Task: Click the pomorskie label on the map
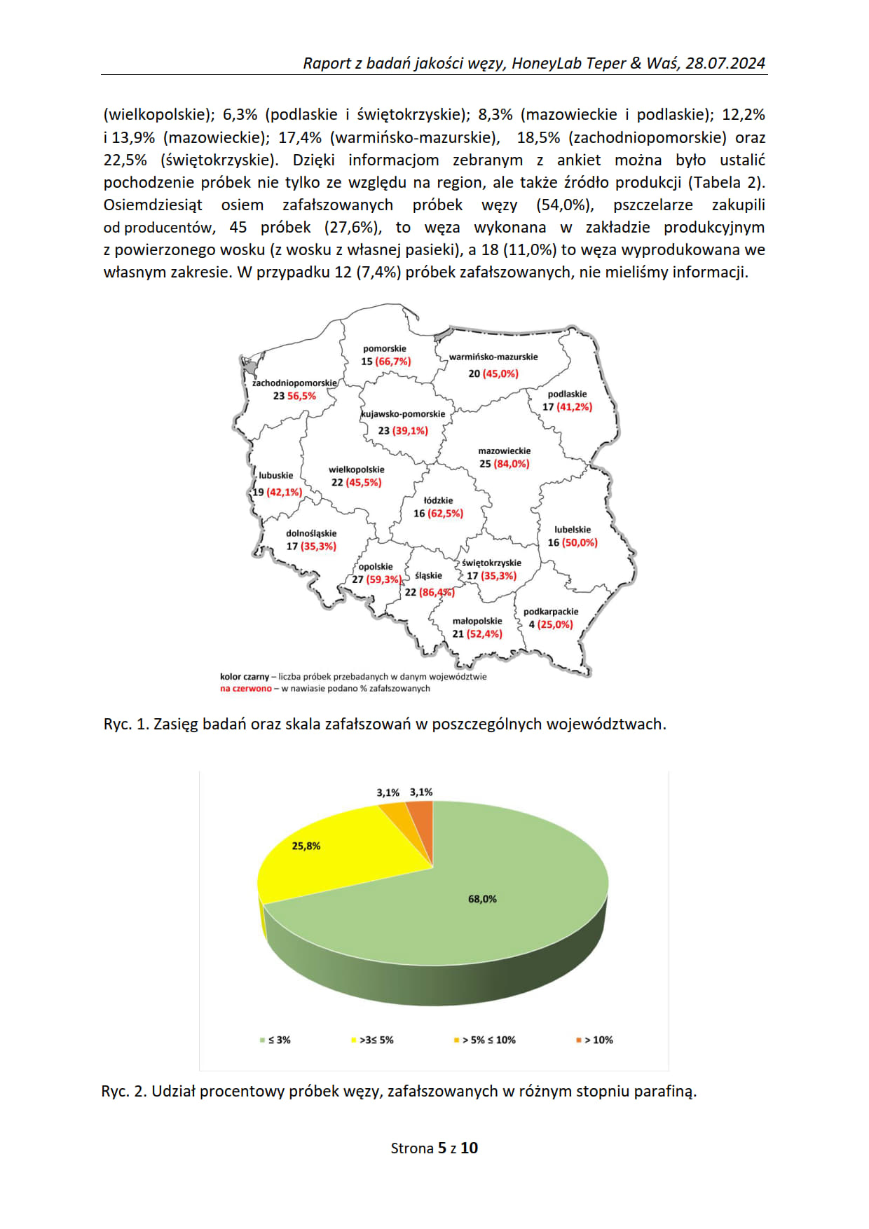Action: click(x=384, y=348)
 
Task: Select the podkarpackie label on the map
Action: click(x=551, y=611)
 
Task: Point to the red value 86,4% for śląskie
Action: click(x=437, y=592)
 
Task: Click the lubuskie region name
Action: click(x=276, y=475)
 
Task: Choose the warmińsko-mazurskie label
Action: click(x=493, y=357)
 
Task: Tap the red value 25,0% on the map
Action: click(x=555, y=624)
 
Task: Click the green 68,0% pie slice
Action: click(x=482, y=899)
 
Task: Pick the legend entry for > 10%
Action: click(x=595, y=1040)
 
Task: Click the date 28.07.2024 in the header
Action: click(x=725, y=63)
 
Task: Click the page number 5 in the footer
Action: click(x=442, y=1148)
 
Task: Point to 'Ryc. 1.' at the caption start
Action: click(x=125, y=724)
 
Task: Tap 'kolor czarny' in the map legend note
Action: click(x=245, y=677)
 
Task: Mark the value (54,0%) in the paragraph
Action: click(x=565, y=205)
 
